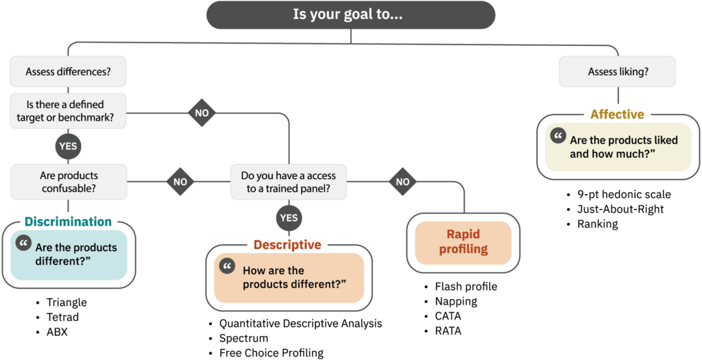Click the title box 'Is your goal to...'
coord(350,14)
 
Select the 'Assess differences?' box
coord(68,71)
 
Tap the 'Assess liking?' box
coord(617,71)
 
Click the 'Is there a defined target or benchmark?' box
coord(68,110)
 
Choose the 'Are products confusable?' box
coord(68,182)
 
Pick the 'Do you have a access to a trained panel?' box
coord(288,182)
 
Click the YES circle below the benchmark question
coord(68,145)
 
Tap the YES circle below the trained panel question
coord(289,218)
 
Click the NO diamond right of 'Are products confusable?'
coord(180,182)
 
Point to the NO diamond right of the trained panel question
coord(402,182)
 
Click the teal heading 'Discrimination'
coord(68,221)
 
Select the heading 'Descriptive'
coord(287,245)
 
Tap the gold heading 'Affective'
coord(617,115)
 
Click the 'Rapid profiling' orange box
coord(463,242)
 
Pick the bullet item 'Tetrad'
coord(62,317)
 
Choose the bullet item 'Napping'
coord(456,301)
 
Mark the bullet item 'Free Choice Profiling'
coord(271,353)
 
